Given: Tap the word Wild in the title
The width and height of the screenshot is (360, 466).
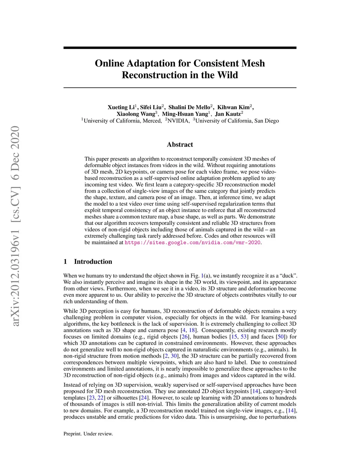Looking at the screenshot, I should point(227,75).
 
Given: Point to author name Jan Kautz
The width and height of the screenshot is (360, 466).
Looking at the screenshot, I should point(227,114).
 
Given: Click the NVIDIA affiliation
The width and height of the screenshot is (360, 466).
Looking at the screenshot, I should point(178,121).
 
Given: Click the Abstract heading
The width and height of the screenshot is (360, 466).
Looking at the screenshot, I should point(180,145).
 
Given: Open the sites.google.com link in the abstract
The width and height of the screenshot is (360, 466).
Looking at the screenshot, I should point(193,243).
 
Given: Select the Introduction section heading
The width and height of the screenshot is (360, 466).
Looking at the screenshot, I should point(93,262).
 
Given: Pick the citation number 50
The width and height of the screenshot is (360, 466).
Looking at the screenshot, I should point(281,337).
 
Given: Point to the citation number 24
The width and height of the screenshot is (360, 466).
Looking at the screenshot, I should point(143,398).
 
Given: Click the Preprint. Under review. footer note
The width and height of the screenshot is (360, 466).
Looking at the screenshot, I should point(88,434).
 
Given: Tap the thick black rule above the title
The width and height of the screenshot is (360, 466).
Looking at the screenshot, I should point(180,48).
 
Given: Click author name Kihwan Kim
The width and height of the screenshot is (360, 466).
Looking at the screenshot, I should point(233,107).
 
